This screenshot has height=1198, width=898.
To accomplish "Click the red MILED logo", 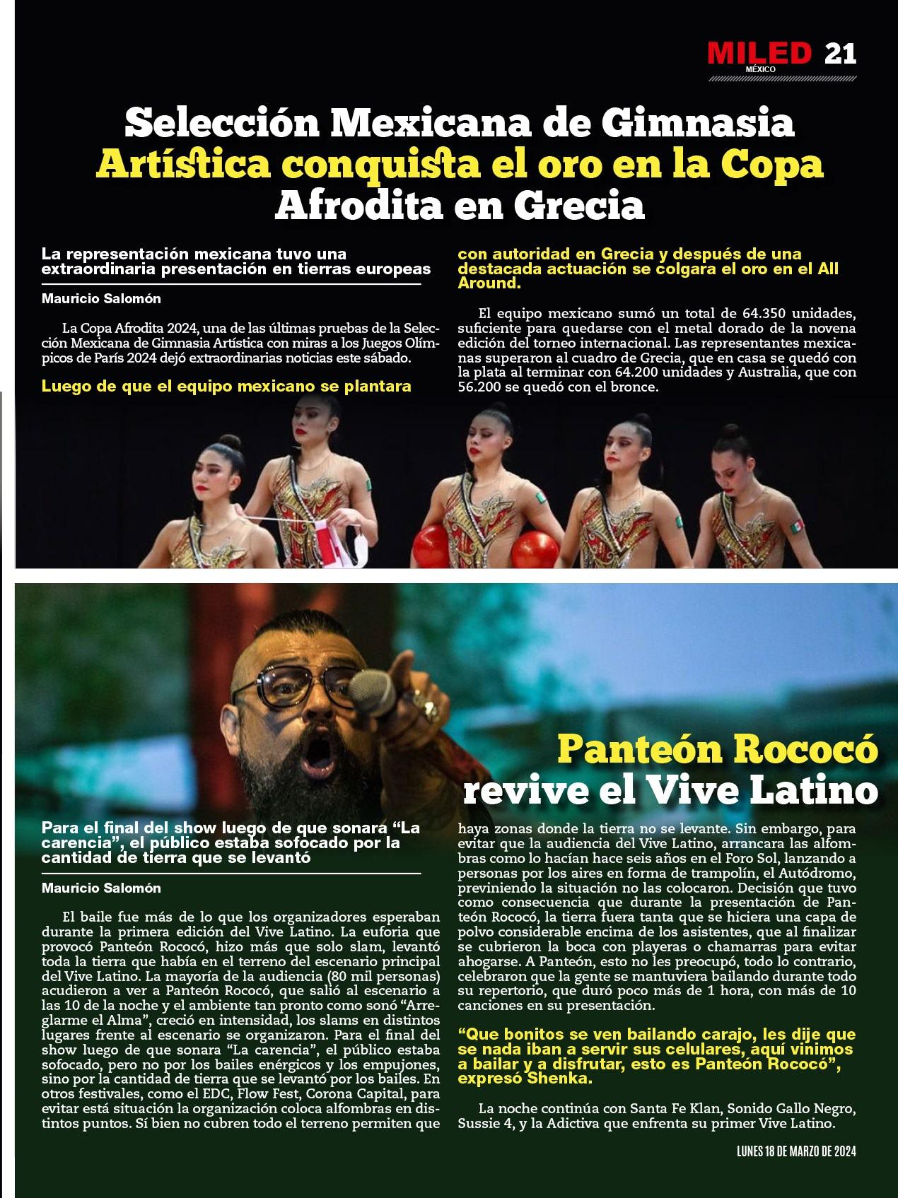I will point(759,54).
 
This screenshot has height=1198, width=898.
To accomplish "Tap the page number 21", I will point(840,54).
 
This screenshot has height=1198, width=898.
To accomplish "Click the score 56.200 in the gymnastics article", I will point(482,388).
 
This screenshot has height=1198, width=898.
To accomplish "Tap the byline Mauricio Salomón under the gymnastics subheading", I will point(101,298).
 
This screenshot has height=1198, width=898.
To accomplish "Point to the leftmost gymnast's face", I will point(214,471).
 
